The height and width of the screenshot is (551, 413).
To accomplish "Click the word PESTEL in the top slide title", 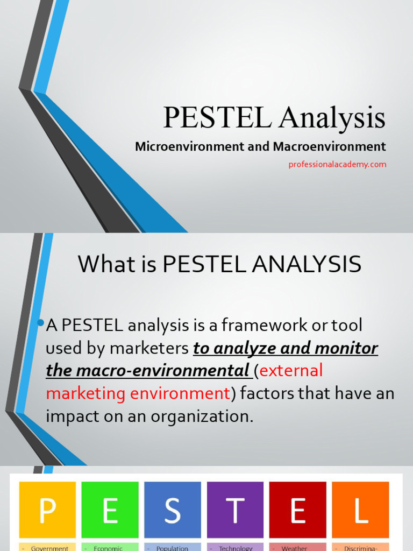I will point(217,118).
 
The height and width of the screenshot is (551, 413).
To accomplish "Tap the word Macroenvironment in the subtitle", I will point(329,146).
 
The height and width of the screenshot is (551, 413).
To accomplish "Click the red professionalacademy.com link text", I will point(337,165).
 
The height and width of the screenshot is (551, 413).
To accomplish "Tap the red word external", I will point(291,371).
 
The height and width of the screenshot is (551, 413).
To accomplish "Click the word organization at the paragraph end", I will point(204,416).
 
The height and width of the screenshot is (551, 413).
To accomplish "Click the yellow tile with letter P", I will point(47,510).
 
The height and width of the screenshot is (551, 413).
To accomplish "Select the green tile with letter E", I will point(110,510).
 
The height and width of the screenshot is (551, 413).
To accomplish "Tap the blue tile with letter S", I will point(173,510).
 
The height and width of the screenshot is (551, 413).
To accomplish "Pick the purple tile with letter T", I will point(235,510).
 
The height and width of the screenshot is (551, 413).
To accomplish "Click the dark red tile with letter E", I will point(297,510).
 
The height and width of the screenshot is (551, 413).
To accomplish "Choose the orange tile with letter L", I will point(360,510).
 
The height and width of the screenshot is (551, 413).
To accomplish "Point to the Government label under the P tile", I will point(49,548).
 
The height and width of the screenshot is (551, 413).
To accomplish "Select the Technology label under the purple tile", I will point(236,548).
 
